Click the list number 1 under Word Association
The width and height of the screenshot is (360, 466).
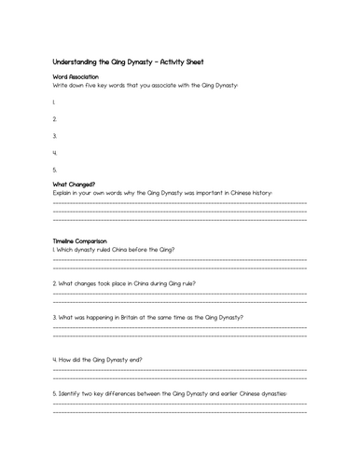pos(54,102)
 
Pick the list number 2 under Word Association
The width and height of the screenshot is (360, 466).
pos(55,118)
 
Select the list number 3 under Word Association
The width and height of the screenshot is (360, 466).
pos(55,135)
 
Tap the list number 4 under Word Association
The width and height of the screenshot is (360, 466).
pos(55,152)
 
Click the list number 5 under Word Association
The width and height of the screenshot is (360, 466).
pos(55,169)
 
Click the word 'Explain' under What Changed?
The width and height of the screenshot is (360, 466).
pos(65,193)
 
